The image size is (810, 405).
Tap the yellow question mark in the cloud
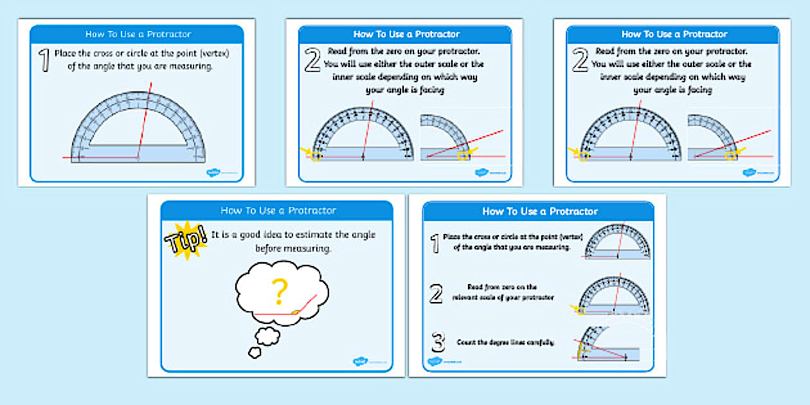pyautogui.click(x=278, y=291)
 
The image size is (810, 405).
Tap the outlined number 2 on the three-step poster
pyautogui.click(x=436, y=294)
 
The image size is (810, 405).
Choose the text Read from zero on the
pyautogui.click(x=503, y=287)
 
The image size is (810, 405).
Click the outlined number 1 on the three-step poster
pyautogui.click(x=435, y=243)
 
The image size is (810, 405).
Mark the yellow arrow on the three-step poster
pyautogui.click(x=575, y=309)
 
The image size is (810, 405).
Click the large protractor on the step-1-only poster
pyautogui.click(x=137, y=129)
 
